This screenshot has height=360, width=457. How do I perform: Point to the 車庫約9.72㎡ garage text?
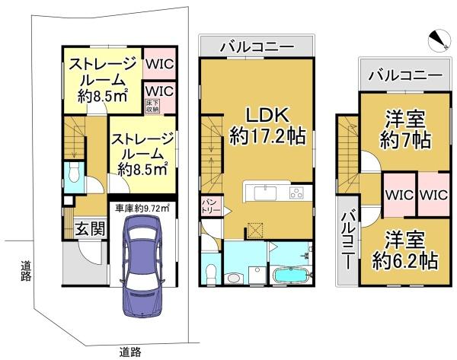click(141, 207)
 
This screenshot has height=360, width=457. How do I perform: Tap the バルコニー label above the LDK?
click(256, 47)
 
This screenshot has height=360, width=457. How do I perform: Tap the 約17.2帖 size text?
click(267, 137)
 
